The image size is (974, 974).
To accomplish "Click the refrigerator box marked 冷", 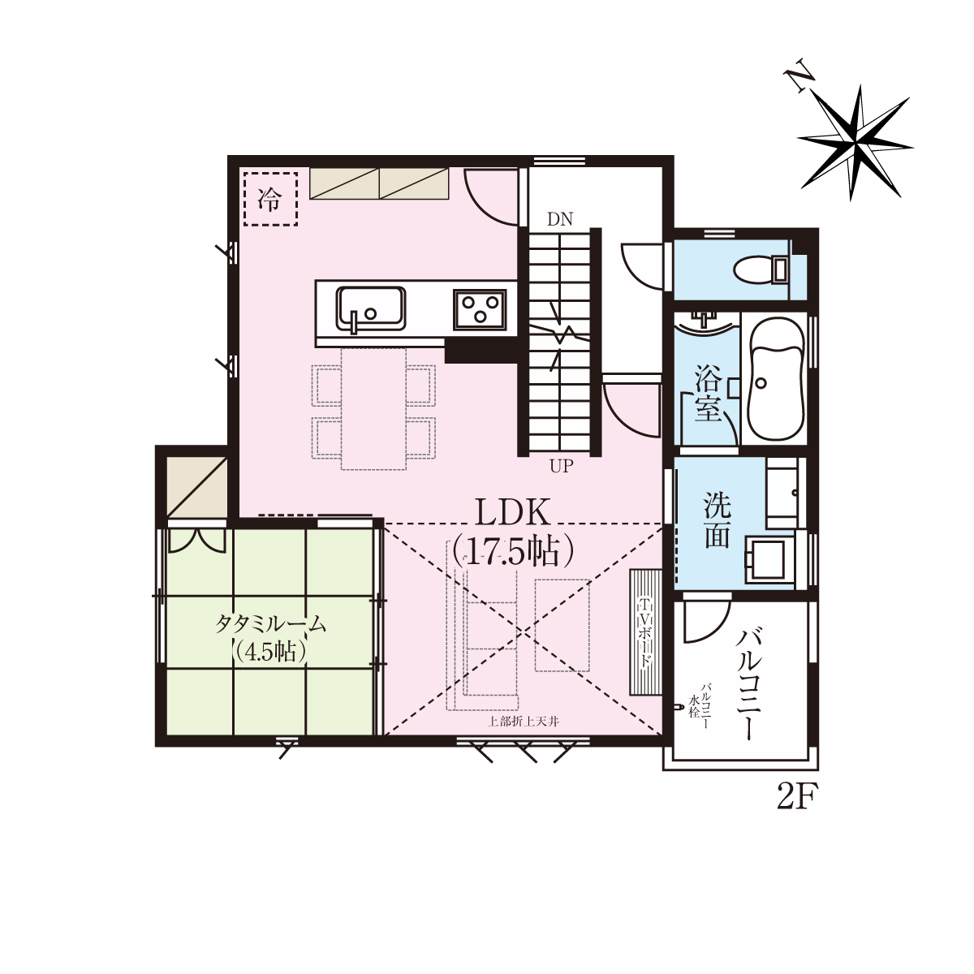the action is click(x=270, y=199).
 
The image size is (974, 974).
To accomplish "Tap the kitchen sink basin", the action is click(x=370, y=308).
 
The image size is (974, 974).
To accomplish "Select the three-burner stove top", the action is click(x=479, y=309).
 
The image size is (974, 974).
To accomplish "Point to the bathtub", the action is click(x=776, y=378).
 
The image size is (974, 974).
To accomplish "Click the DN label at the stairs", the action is click(x=560, y=219).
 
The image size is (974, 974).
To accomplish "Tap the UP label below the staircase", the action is click(x=562, y=466).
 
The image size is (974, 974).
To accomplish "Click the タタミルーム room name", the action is click(x=271, y=624).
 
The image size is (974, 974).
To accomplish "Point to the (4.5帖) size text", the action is click(x=269, y=652).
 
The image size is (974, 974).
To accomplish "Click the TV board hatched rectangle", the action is click(x=645, y=631).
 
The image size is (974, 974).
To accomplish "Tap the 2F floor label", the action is click(x=797, y=797).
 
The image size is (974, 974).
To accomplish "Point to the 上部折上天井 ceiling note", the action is click(x=524, y=722).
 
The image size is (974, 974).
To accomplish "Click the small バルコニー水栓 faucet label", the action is click(x=701, y=705).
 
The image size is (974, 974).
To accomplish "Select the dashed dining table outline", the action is click(x=374, y=408).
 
